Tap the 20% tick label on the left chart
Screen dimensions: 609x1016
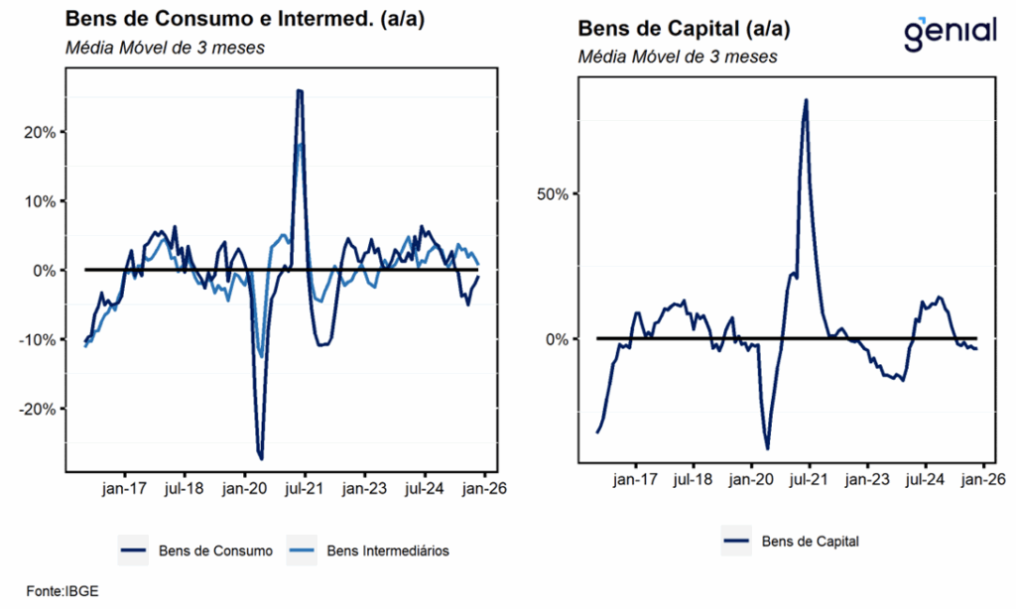[41, 132]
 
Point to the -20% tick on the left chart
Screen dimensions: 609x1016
[38, 409]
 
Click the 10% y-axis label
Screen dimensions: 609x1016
[41, 201]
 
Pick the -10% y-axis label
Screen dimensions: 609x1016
[38, 339]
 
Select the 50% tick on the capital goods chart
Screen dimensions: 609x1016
[552, 193]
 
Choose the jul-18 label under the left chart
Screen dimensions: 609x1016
[185, 488]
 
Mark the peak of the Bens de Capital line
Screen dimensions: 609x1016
[806, 100]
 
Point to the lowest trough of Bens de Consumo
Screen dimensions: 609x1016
[261, 458]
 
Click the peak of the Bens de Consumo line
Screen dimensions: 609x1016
[300, 91]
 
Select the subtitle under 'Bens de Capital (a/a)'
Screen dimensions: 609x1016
[678, 57]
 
